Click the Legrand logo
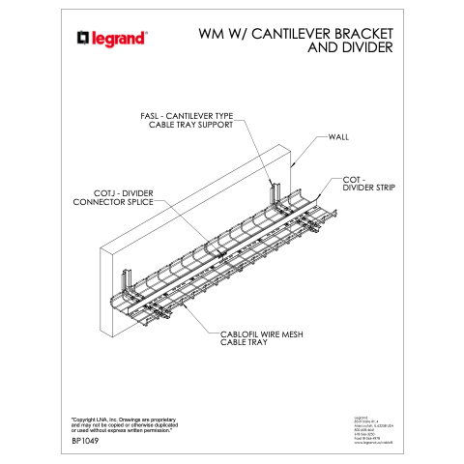(x=112, y=39)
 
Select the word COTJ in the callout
(x=92, y=192)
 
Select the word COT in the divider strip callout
(x=351, y=179)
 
